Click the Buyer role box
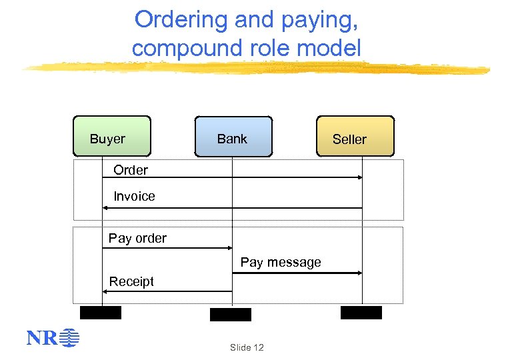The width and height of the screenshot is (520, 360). coord(112,137)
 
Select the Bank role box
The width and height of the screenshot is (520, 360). coord(233,137)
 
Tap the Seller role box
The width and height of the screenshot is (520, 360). coord(355,137)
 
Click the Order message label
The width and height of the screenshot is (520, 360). coord(131,170)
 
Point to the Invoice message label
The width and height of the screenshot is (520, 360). coord(134,196)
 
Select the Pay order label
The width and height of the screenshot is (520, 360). coord(137,238)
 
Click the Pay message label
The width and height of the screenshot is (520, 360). coord(281,262)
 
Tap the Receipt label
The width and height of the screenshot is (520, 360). coord(131,281)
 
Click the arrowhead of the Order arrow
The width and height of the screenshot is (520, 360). coord(359,177)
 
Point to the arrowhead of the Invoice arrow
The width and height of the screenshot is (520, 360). coord(105,208)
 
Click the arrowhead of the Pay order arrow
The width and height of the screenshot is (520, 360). coord(229,248)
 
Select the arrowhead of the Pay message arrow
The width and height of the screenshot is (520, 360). coord(359,273)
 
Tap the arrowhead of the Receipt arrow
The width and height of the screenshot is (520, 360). coord(105,291)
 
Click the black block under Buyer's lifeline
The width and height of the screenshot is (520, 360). coord(101,313)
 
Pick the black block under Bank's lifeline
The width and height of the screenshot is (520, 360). coord(231,315)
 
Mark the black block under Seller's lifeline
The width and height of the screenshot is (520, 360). coord(361,313)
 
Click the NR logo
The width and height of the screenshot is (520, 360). coord(53,339)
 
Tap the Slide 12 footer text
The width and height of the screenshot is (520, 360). coord(247,347)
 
